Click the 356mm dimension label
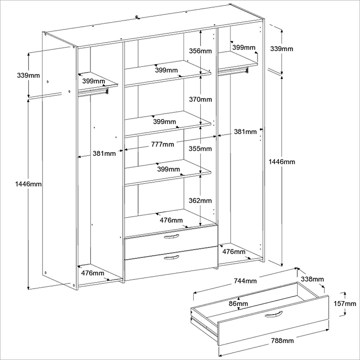click(200, 51)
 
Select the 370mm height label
click(200, 99)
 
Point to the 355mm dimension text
click(200, 148)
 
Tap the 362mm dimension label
click(200, 200)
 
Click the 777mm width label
click(163, 144)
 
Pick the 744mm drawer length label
click(245, 281)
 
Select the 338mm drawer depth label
click(312, 279)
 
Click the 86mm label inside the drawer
click(238, 304)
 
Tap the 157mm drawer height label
click(345, 304)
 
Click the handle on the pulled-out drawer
click(274, 314)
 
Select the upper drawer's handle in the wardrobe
click(172, 237)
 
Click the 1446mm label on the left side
click(28, 184)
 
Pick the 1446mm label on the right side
click(282, 162)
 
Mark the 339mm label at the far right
click(282, 49)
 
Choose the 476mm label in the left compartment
click(93, 273)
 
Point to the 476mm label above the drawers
click(171, 220)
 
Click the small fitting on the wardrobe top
click(138, 17)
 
